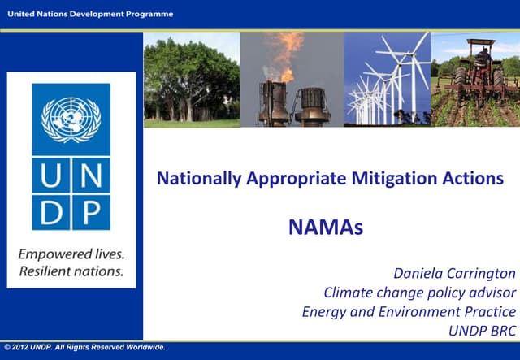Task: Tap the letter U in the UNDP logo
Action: coord(51,176)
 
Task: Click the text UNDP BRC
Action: coord(482,331)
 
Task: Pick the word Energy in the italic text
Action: coord(323,312)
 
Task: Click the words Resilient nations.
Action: coord(71,271)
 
